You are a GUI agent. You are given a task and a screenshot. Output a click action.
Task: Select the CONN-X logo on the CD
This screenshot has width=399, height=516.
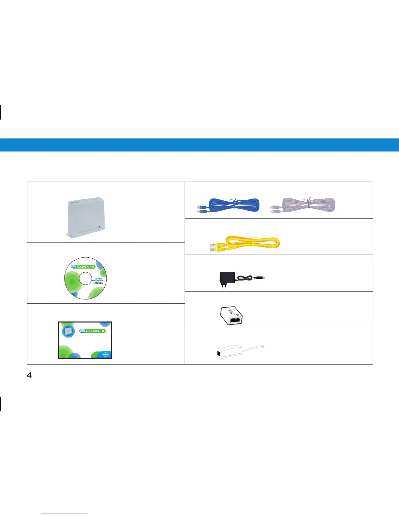(x=83, y=267)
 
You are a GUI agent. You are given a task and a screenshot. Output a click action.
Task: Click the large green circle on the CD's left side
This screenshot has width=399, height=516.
(x=72, y=281)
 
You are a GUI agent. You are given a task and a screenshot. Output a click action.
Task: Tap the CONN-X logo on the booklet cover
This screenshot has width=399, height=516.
(x=92, y=331)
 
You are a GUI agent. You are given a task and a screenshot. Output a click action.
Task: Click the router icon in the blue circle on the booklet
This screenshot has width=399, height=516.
(x=68, y=331)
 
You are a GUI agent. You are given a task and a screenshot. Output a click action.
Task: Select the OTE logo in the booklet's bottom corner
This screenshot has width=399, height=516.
(x=105, y=354)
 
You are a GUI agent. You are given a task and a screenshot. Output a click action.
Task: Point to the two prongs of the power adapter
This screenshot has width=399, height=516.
(x=224, y=285)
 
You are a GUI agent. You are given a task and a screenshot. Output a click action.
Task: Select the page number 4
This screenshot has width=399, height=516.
(x=29, y=375)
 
